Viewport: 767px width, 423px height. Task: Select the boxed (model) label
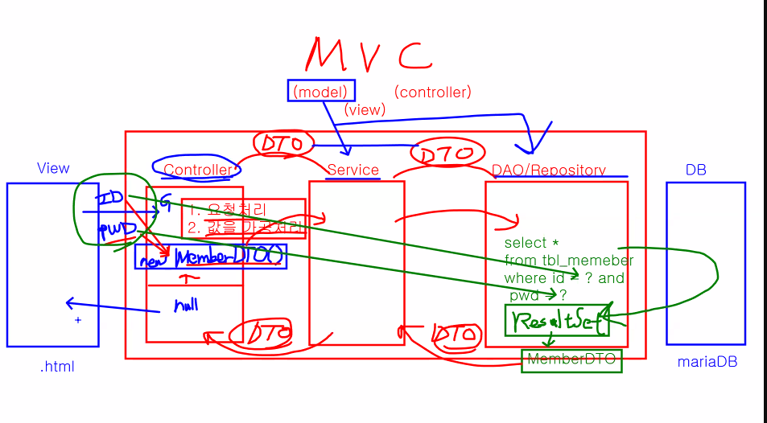pyautogui.click(x=321, y=92)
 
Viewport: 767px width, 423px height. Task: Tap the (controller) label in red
pyautogui.click(x=433, y=92)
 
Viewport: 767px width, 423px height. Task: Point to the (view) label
pyautogui.click(x=365, y=109)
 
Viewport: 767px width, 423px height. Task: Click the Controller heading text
pyautogui.click(x=197, y=170)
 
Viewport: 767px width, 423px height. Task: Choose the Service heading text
pyautogui.click(x=353, y=170)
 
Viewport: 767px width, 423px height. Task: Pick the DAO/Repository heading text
pyautogui.click(x=548, y=170)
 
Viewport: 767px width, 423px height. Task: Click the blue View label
pyautogui.click(x=53, y=168)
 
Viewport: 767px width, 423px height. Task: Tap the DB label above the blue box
pyautogui.click(x=695, y=170)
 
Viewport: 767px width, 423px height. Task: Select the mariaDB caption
pyautogui.click(x=707, y=362)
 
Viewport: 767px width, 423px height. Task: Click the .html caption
pyautogui.click(x=57, y=367)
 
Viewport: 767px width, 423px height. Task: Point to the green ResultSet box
pyautogui.click(x=556, y=321)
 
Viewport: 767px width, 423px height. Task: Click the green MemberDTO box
pyautogui.click(x=571, y=360)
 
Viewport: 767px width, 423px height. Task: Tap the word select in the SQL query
pyautogui.click(x=526, y=243)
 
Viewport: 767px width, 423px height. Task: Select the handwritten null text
pyautogui.click(x=186, y=305)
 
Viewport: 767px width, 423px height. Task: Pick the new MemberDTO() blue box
pyautogui.click(x=210, y=257)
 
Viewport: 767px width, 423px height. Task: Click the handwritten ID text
pyautogui.click(x=109, y=197)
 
